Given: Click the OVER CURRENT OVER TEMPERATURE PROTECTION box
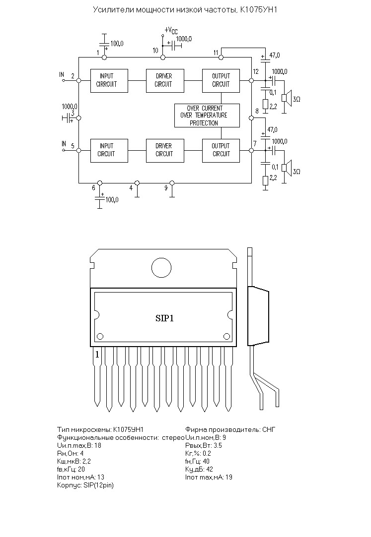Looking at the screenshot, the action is (207, 116).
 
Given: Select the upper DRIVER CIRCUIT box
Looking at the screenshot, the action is (165, 81).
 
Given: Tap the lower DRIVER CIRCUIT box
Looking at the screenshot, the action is (165, 151).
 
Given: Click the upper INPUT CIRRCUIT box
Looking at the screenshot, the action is (109, 81).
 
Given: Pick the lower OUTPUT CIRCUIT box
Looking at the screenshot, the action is (221, 151).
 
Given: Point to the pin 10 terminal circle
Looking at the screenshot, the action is (163, 57).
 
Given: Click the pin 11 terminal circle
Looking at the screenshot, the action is (221, 57).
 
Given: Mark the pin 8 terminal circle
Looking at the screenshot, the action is (251, 118).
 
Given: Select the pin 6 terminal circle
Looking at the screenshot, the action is (100, 183).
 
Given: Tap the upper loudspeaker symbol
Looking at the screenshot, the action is (286, 98).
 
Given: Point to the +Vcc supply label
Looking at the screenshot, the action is (171, 30).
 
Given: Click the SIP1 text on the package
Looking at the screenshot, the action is (164, 318).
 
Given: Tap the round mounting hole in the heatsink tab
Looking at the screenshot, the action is (161, 267).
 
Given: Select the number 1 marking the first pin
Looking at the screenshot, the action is (97, 355).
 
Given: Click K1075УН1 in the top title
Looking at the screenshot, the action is (259, 9).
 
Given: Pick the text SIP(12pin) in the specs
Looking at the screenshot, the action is (98, 485).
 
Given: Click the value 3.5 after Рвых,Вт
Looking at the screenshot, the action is (218, 446).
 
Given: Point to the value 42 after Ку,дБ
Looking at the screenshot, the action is (210, 469).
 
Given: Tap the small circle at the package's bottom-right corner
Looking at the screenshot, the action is (226, 336).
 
